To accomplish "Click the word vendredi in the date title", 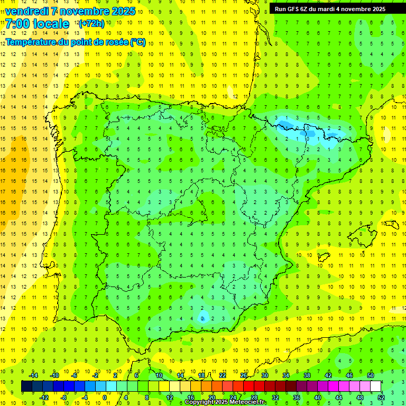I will pos(26,11).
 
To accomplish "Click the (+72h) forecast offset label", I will pos(91,23).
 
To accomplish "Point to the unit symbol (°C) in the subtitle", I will pos(137,42).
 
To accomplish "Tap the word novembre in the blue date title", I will pos(84,11).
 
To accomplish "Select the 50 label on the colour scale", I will pos(370,375).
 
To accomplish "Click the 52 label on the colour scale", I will pos(381,397).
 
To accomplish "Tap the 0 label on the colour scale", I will pos(105,397).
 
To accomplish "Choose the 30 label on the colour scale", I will pos(264,375).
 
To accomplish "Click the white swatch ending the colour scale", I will pos(375,386).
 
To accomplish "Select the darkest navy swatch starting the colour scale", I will pos(26,386).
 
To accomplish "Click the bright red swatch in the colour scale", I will pos(248,386).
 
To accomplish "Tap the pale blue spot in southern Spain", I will pos(203,317).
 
